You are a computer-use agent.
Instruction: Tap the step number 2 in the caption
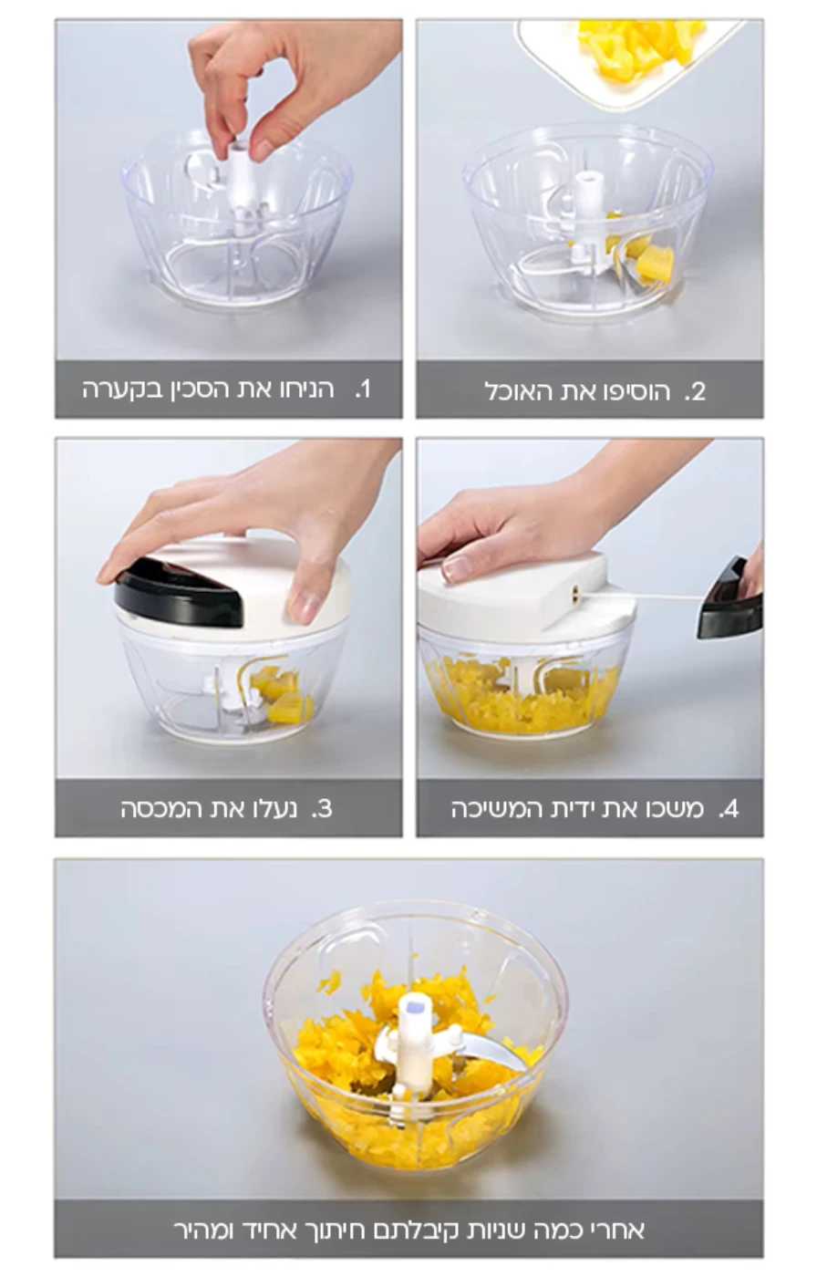(695, 392)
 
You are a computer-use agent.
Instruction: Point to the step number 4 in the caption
(729, 809)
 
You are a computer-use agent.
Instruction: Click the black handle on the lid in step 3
(178, 595)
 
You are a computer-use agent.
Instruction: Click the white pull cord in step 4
(640, 597)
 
